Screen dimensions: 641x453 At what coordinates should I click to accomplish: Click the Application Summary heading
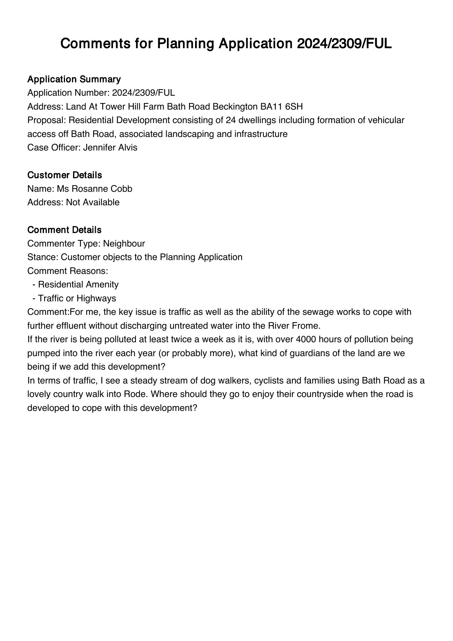coord(74,79)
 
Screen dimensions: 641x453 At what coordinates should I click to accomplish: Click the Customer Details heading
coord(64,175)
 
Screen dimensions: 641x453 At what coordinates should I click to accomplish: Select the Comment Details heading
coord(64,230)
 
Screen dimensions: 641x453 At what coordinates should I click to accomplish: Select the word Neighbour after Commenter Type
coord(124,244)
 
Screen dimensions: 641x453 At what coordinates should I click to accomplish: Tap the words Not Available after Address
coord(93,202)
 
